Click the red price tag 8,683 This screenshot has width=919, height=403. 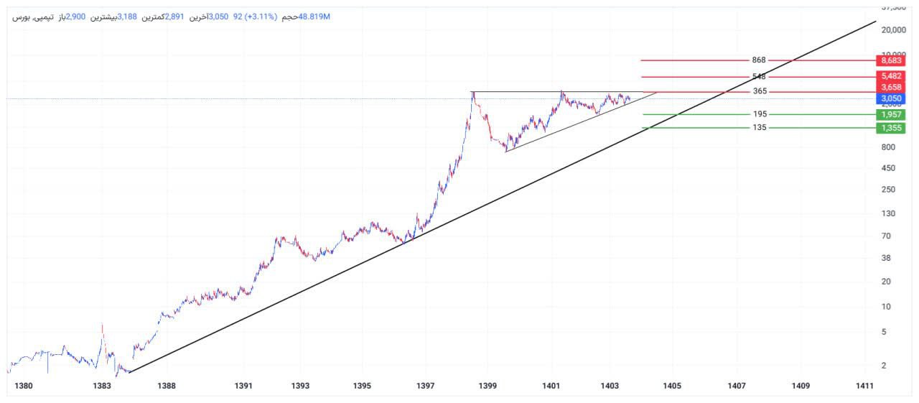pyautogui.click(x=890, y=61)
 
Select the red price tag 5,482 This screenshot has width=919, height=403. pyautogui.click(x=890, y=76)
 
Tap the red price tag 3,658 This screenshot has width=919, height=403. pyautogui.click(x=890, y=87)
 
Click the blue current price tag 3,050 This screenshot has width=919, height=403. pyautogui.click(x=890, y=98)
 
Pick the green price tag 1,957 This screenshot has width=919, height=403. pyautogui.click(x=890, y=115)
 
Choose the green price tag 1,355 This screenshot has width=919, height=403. pyautogui.click(x=890, y=128)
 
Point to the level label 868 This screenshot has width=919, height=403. pyautogui.click(x=760, y=60)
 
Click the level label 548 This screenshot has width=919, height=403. pyautogui.click(x=760, y=77)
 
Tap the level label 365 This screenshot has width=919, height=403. pyautogui.click(x=760, y=91)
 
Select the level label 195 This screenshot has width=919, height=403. pyautogui.click(x=760, y=114)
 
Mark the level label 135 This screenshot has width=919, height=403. pyautogui.click(x=760, y=128)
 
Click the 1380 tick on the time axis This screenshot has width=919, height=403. pyautogui.click(x=24, y=386)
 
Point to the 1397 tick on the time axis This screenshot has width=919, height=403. pyautogui.click(x=425, y=386)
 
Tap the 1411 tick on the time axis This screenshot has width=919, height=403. pyautogui.click(x=865, y=386)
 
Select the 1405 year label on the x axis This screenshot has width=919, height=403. pyautogui.click(x=672, y=386)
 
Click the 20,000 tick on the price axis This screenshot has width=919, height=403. pyautogui.click(x=892, y=30)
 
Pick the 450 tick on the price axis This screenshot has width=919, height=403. pyautogui.click(x=888, y=168)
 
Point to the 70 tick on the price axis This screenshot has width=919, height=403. pyautogui.click(x=886, y=236)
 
